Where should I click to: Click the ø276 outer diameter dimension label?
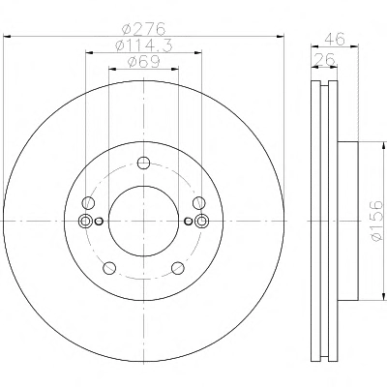point(143,29)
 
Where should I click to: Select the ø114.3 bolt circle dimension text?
point(144,45)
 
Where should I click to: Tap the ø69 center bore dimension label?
point(144,62)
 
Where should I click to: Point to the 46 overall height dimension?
point(335,39)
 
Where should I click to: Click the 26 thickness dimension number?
point(324,60)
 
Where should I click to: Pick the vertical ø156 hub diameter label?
point(376,221)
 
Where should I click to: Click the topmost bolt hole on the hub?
point(143,163)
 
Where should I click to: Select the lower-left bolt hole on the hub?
point(109,267)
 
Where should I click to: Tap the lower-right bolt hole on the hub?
point(178,268)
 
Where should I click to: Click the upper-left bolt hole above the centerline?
point(88,203)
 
